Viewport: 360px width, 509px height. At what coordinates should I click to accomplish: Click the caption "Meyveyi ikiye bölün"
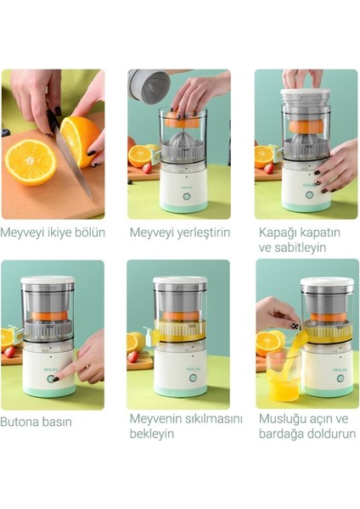pyautogui.click(x=53, y=232)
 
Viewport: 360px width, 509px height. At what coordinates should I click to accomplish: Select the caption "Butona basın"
pyautogui.click(x=37, y=422)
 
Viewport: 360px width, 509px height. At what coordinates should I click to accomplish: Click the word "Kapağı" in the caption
pyautogui.click(x=277, y=232)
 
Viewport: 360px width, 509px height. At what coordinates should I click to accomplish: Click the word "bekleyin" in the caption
pyautogui.click(x=152, y=434)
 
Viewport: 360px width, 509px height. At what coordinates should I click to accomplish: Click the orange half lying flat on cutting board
pyautogui.click(x=31, y=161)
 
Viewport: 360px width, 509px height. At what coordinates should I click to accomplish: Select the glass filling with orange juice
pyautogui.click(x=284, y=378)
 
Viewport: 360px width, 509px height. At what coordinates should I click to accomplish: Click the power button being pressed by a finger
pyautogui.click(x=53, y=378)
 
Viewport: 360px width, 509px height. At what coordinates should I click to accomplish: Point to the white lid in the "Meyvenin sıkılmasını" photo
pyautogui.click(x=179, y=281)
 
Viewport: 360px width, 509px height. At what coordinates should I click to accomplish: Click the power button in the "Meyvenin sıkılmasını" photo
pyautogui.click(x=192, y=378)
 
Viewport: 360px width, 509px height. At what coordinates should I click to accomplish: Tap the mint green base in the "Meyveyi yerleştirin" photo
pyautogui.click(x=182, y=206)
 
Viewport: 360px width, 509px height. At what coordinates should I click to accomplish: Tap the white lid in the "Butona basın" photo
pyautogui.click(x=48, y=280)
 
